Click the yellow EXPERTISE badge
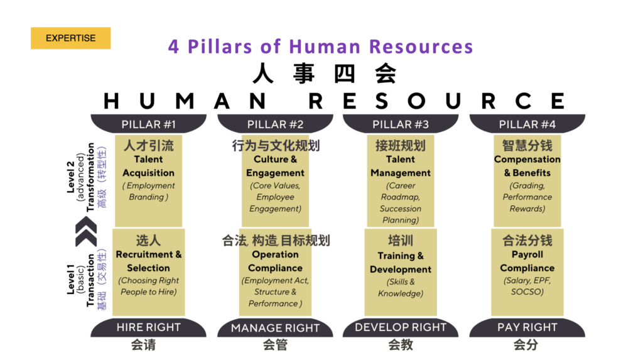pos(70,38)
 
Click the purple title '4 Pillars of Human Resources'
pos(321,46)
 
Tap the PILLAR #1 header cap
pos(148,124)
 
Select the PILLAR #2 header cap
pos(275,124)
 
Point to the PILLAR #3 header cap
pos(401,124)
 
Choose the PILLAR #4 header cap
pos(527,124)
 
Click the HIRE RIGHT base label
pos(148,327)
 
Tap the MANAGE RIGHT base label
pos(275,327)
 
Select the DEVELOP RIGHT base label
pos(401,327)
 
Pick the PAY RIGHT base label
pos(527,327)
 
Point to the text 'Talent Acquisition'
pos(148,166)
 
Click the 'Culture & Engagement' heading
pos(275,166)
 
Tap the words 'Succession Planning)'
pos(401,214)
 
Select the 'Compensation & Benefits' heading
pos(527,166)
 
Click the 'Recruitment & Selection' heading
pos(148,261)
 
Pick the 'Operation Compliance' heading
pos(275,261)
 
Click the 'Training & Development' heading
pos(401,263)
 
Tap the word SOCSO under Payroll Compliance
pos(527,292)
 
